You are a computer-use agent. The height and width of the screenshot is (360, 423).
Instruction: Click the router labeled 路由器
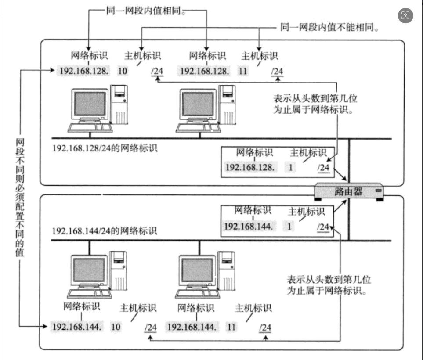click(349, 191)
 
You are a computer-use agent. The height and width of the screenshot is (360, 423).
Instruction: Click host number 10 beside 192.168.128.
click(123, 71)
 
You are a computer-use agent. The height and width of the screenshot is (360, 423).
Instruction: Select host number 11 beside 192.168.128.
click(243, 71)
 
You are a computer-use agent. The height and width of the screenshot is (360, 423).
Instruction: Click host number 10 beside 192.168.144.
click(116, 327)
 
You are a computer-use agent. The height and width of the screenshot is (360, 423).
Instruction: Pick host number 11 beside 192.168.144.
click(231, 327)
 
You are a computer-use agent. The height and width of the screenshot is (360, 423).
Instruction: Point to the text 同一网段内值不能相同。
click(329, 27)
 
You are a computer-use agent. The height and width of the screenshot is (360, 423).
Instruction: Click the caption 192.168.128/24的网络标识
click(105, 148)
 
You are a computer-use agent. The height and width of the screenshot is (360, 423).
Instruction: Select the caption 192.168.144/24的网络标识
click(105, 230)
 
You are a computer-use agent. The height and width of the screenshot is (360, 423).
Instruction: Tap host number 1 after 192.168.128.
click(290, 167)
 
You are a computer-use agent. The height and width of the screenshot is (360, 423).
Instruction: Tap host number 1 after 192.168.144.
click(289, 226)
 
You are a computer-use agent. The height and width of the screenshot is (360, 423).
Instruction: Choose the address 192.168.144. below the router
click(249, 226)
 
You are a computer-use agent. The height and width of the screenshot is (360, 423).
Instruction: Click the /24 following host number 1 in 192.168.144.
click(322, 226)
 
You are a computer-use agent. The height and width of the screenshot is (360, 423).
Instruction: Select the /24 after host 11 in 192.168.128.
click(277, 71)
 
